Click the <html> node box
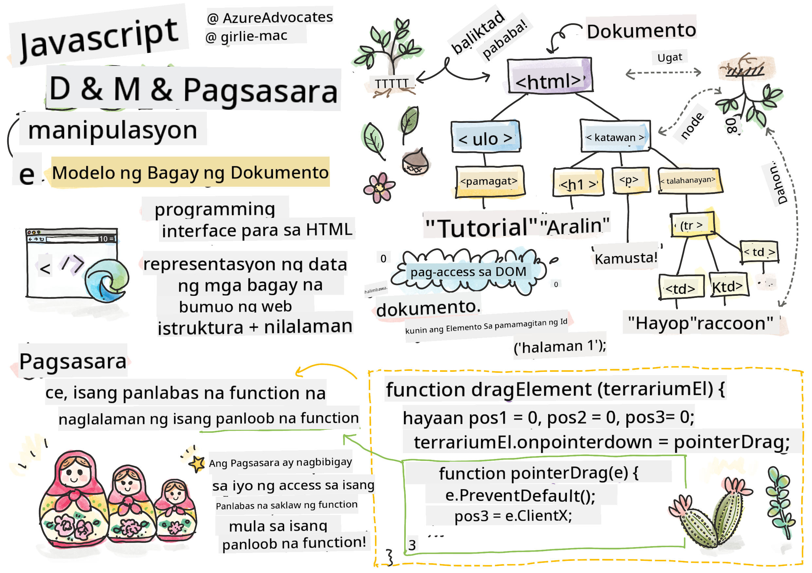[549, 76]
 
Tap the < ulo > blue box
[486, 137]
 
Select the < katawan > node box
[615, 137]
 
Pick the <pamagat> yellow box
[489, 181]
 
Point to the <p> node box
[630, 181]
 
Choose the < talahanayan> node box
[690, 181]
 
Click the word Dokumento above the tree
[641, 31]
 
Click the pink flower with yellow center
[379, 188]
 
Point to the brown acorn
[415, 162]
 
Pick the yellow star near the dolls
[197, 464]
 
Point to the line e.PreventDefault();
[520, 495]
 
